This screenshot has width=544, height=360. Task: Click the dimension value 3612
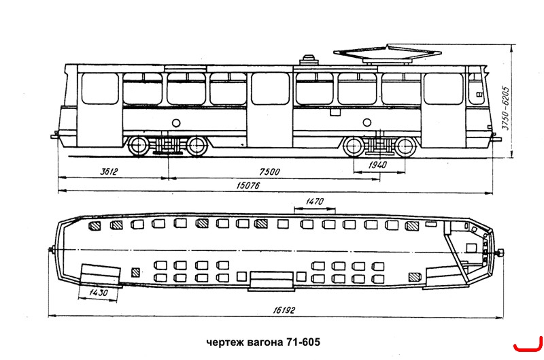(109, 171)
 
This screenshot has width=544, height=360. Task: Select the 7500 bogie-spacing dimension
(269, 172)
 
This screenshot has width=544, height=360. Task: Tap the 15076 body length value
(248, 186)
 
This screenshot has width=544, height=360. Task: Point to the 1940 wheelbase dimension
(377, 165)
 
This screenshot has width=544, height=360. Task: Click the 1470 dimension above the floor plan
(315, 201)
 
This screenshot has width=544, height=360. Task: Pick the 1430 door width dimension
(99, 293)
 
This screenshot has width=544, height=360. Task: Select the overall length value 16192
(284, 310)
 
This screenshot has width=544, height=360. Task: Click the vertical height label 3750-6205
(506, 108)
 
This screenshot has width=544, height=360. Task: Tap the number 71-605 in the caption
(303, 342)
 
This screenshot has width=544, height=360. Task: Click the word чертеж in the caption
(225, 342)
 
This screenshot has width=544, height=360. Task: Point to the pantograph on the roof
(388, 54)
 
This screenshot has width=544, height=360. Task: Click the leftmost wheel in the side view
(139, 146)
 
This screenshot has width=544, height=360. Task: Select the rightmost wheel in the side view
(405, 147)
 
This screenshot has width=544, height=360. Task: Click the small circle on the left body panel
(176, 122)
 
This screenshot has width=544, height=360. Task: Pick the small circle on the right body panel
(367, 122)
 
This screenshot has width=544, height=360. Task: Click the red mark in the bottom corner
(528, 344)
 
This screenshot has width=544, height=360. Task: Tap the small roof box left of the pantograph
(309, 60)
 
